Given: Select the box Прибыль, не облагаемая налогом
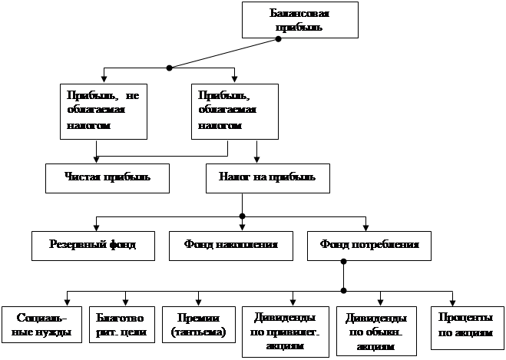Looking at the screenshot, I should [102, 111].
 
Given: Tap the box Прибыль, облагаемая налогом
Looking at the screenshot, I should [233, 111].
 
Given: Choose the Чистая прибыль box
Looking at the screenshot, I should [96, 177].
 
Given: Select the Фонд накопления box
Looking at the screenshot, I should [230, 245].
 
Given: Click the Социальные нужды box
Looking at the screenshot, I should [36, 325].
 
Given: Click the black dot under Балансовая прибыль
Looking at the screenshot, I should [279, 40].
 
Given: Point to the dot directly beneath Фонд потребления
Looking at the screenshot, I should [343, 290].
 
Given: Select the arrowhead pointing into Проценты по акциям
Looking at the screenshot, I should [452, 302].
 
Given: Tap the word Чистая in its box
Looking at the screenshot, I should [80, 177].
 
